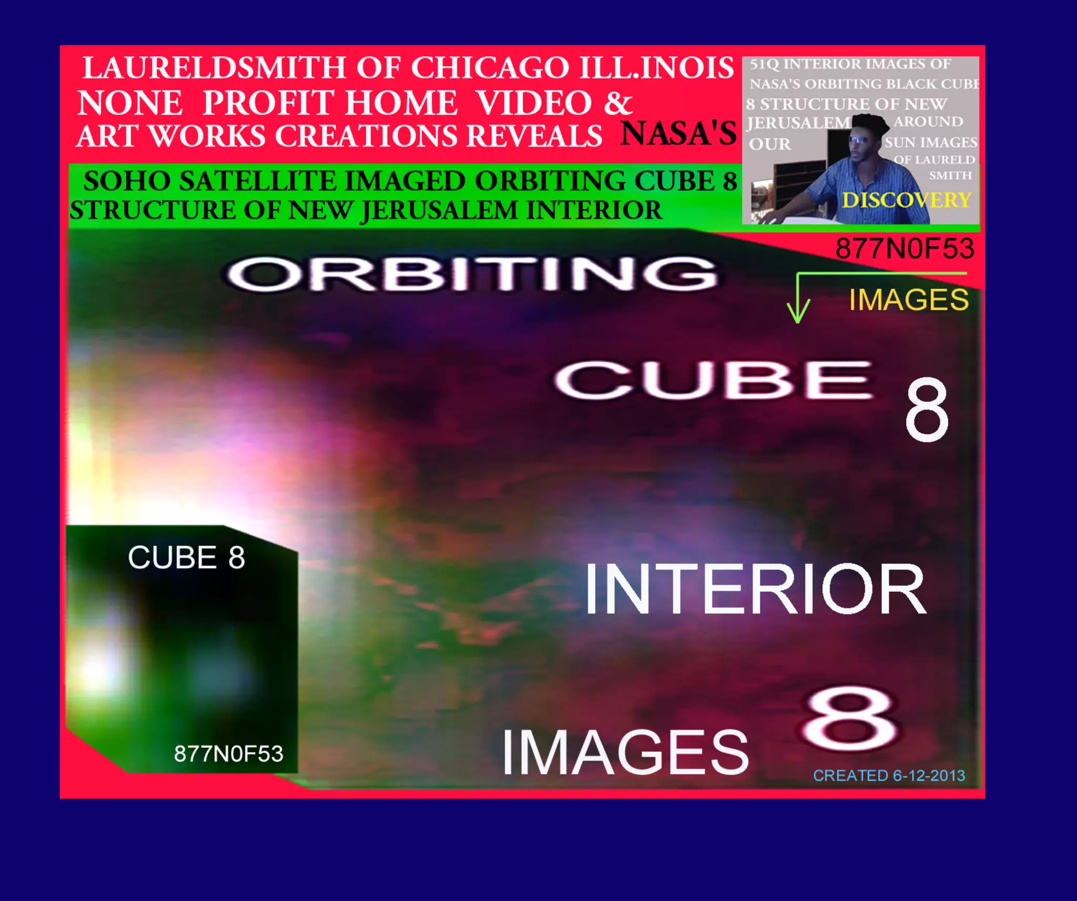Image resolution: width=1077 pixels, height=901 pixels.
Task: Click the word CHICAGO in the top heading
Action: point(490,68)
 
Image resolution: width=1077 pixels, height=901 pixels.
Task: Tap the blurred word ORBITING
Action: point(471,274)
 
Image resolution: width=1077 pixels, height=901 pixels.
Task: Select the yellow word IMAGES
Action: point(908,300)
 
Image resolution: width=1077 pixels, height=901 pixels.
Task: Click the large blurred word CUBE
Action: point(713,380)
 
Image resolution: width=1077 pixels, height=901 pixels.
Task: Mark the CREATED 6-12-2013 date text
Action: point(889,776)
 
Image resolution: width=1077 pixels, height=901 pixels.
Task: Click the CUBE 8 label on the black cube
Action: point(186,557)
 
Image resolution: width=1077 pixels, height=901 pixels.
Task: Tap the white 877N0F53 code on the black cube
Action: point(229,754)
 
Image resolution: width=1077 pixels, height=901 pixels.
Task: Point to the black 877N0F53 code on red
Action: point(905,249)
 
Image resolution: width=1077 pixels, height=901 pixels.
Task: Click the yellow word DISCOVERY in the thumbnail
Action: point(907,200)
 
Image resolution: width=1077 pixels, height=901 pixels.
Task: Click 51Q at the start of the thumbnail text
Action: point(761,64)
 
